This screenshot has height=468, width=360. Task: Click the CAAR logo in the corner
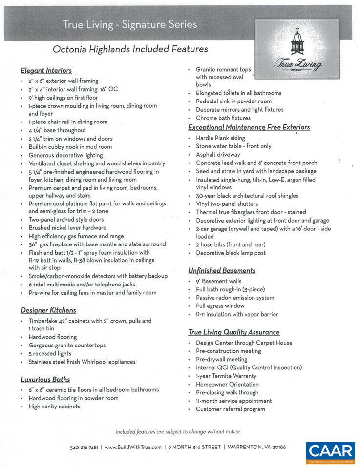coord(330,452)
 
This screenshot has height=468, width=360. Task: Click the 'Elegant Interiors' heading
coord(46,70)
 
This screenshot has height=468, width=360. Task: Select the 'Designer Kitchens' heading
coord(48,310)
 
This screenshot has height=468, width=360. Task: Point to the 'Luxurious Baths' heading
coord(45,379)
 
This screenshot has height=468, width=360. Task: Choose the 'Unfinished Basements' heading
coord(222,270)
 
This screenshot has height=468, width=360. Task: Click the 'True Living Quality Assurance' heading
coord(234,332)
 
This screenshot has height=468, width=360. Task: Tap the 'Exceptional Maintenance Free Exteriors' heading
coord(249,127)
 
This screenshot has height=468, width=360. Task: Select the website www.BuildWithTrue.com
coord(133,447)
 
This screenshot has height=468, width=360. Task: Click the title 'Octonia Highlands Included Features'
coord(130,49)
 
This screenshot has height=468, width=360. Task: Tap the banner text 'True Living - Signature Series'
coord(129,24)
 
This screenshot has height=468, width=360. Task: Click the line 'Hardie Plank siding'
coord(220,138)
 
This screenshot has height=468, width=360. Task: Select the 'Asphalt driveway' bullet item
coord(218,155)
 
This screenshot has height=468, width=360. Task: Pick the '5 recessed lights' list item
coord(50,353)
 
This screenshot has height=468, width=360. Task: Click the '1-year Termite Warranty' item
coord(226,376)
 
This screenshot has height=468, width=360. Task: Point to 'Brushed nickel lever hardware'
coord(67,227)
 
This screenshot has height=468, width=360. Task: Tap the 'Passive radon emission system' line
coord(235,298)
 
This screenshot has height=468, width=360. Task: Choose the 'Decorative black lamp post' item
coord(231,253)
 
